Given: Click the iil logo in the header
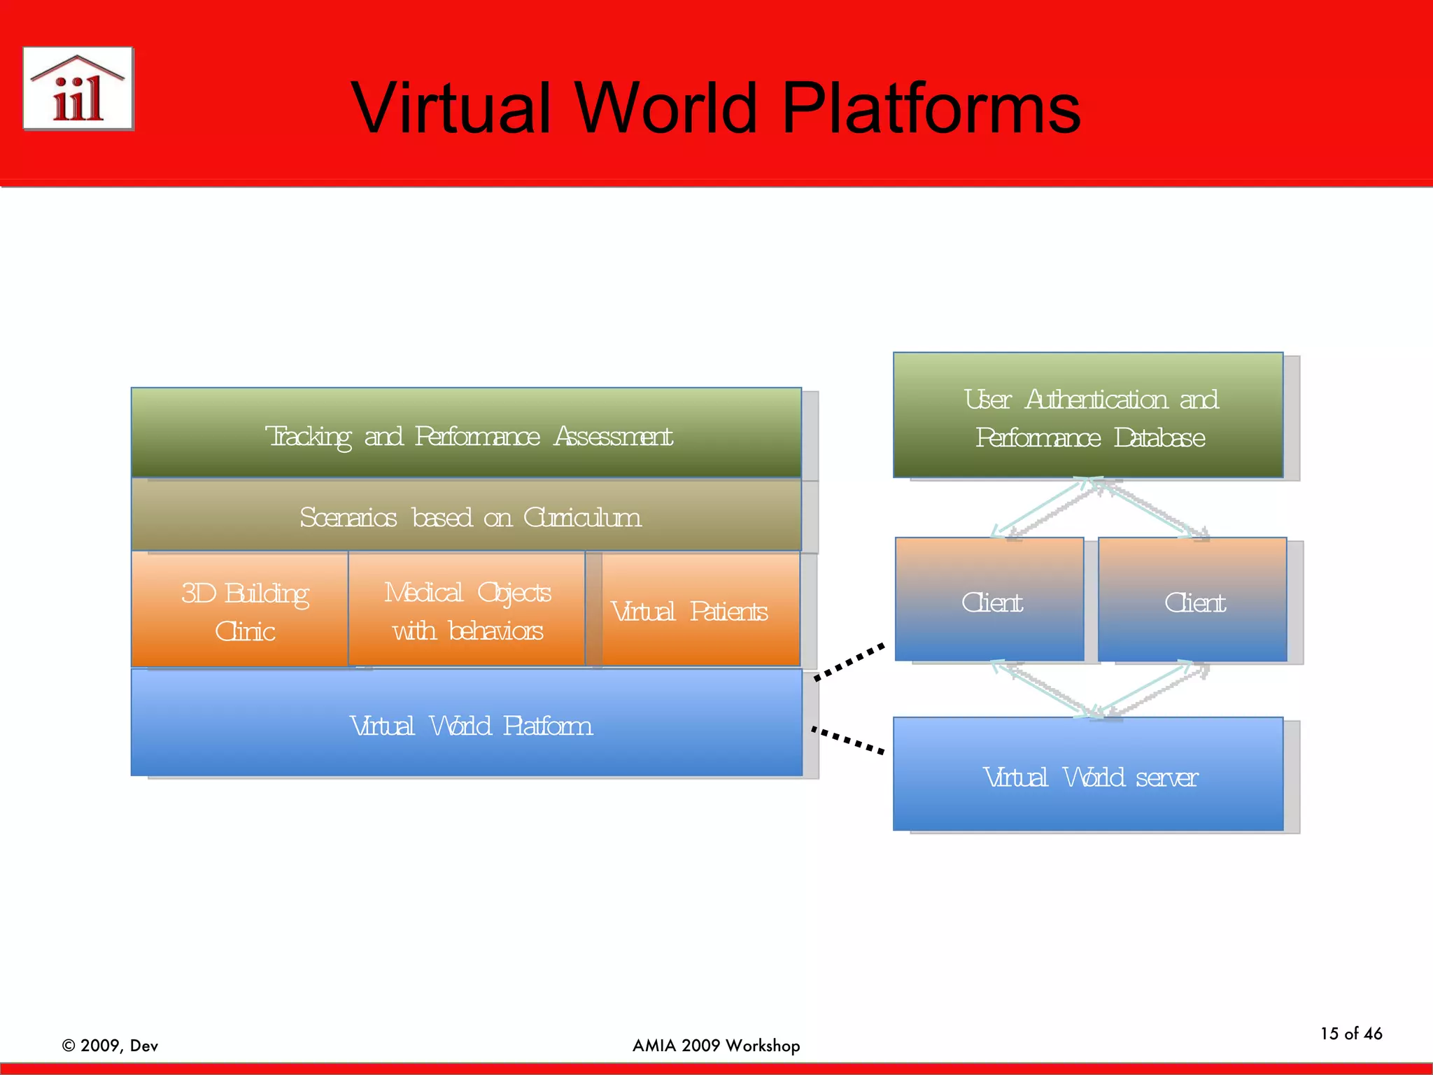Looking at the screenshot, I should [78, 89].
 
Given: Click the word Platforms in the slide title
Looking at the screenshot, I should [931, 108].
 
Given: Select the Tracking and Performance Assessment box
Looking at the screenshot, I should [467, 434].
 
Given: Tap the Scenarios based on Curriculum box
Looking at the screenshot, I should [467, 517].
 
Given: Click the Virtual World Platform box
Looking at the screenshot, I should [467, 724].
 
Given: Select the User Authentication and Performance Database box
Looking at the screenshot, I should [1089, 416].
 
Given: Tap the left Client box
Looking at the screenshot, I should [990, 600].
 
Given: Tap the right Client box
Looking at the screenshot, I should [1193, 600].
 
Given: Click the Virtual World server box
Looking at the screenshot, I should [1089, 775].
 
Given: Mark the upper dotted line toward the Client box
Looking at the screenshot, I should [849, 661].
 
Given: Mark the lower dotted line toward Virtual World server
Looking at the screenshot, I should [848, 740].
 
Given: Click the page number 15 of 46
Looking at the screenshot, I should [1351, 1034].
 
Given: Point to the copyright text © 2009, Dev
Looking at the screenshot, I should [111, 1046].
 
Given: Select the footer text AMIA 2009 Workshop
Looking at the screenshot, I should [716, 1046].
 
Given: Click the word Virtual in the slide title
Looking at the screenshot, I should [452, 108].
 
